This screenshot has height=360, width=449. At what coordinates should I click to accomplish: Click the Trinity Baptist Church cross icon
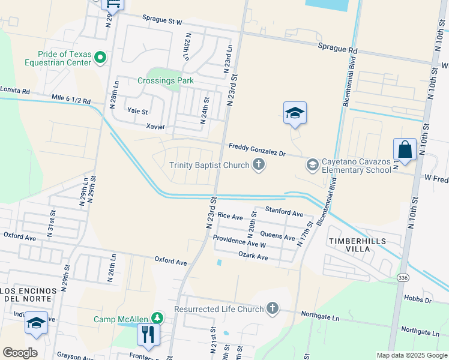pos(259,164)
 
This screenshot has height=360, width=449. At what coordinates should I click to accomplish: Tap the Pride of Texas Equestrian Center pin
pos(100,58)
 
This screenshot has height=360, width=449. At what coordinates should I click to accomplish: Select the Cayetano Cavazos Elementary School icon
pos(312,164)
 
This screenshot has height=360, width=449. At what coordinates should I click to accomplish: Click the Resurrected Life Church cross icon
pos(273,308)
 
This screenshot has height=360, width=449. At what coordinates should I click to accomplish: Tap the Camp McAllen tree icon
pos(157,317)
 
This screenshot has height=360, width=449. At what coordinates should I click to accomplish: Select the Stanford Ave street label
pos(285,212)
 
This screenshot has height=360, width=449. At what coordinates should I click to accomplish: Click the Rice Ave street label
pos(230,215)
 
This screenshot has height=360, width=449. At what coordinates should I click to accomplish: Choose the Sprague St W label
pos(162,21)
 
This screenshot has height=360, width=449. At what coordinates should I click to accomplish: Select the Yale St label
pos(137,111)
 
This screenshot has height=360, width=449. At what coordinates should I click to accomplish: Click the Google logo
pos(20,353)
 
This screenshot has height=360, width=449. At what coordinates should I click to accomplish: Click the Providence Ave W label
pos(240,242)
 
